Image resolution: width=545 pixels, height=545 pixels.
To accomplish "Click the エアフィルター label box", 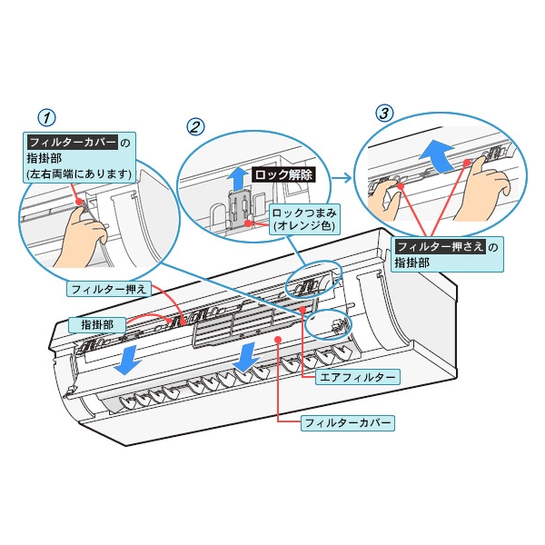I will (x=356, y=375).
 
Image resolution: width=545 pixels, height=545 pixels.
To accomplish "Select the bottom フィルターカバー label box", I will (x=348, y=423).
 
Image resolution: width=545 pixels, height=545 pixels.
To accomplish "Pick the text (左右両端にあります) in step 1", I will (x=80, y=173).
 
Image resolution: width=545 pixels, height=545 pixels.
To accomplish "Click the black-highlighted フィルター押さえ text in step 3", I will (x=437, y=246).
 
